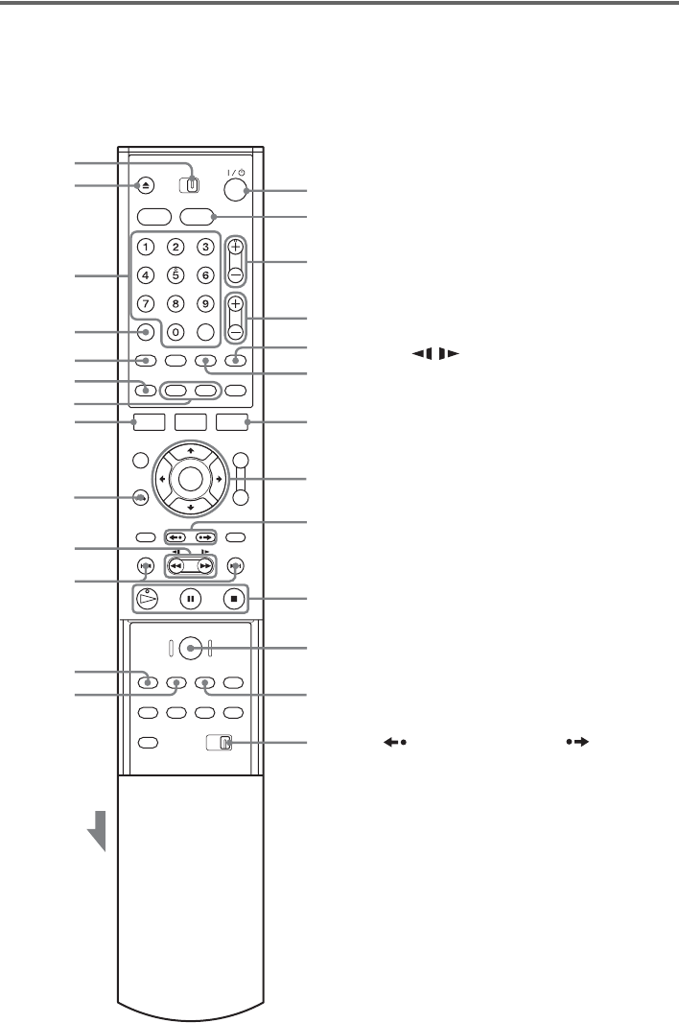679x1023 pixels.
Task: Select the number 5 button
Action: [175, 274]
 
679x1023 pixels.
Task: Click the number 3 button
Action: [204, 247]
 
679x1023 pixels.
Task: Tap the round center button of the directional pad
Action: [188, 478]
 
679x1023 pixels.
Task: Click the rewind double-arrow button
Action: [176, 566]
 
